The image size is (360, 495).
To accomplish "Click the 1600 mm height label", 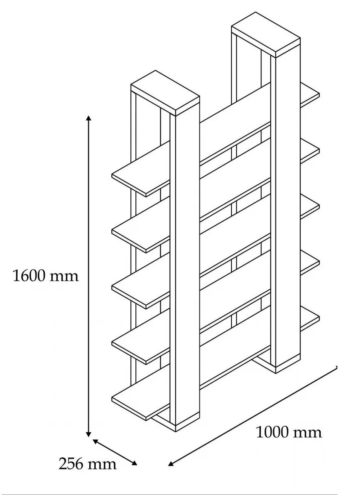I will coord(46,276).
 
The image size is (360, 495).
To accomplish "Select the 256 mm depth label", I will coord(88,463).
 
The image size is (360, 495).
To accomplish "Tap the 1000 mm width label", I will coord(289,432).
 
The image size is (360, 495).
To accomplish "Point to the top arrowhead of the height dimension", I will coord(88,118).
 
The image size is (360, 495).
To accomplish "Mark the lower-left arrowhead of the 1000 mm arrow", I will coord(171,464).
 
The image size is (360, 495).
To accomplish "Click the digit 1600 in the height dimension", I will coord(32,276).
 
